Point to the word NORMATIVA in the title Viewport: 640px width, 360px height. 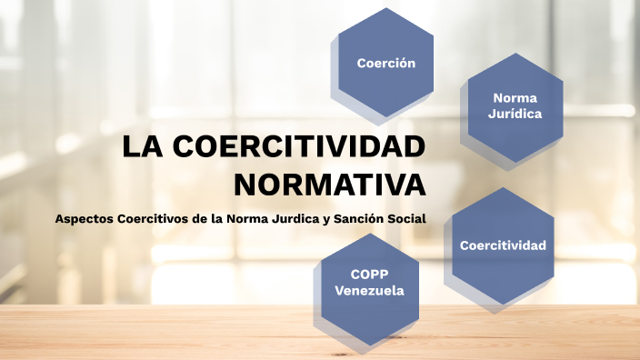tap(329, 184)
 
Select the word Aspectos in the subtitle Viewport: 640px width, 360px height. tap(84, 218)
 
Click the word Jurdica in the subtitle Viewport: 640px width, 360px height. tap(291, 218)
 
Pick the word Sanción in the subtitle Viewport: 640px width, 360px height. tap(358, 218)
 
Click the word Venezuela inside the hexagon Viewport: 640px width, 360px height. tap(370, 291)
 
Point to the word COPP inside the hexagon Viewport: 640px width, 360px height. tap(370, 275)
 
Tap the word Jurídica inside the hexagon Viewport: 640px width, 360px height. tap(515, 115)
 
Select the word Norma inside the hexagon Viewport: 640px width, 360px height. tap(515, 97)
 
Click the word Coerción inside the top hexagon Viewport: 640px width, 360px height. tap(386, 64)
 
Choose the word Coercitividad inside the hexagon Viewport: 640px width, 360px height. tap(503, 245)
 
